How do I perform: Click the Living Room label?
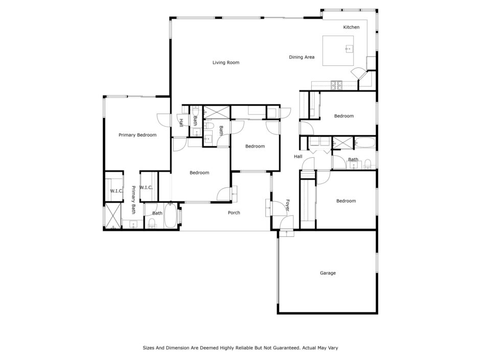(x=226, y=62)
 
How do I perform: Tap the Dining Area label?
(x=302, y=57)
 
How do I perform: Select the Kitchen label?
(x=351, y=27)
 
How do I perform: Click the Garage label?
(x=328, y=273)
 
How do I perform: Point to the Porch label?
(x=234, y=212)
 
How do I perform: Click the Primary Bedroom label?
(x=138, y=135)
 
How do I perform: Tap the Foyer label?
(x=287, y=205)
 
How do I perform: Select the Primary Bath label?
(x=133, y=200)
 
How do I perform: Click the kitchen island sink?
(x=349, y=49)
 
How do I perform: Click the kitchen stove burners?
(x=336, y=85)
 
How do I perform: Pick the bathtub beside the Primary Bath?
(x=170, y=215)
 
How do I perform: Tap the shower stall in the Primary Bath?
(x=113, y=216)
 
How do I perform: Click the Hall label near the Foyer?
(x=298, y=157)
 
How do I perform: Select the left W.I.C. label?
(x=116, y=191)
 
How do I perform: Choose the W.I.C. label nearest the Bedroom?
(x=146, y=187)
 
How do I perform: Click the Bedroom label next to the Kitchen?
(x=343, y=116)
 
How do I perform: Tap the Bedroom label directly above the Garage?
(x=346, y=201)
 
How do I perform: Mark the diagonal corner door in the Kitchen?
(x=358, y=74)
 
